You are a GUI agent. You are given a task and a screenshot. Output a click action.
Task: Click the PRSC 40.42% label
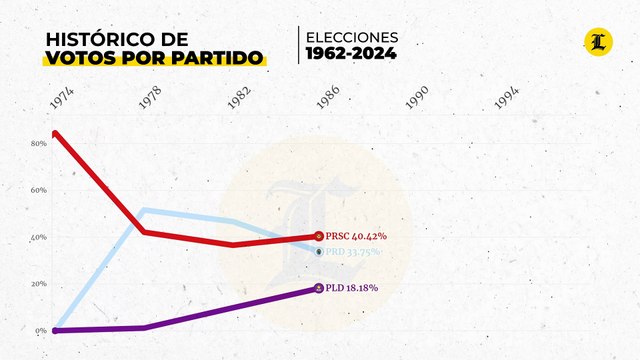356,236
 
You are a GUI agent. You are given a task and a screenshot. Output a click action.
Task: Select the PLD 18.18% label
351,288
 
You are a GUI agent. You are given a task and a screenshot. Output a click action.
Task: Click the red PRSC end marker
319,236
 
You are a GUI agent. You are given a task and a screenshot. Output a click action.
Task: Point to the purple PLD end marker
319,288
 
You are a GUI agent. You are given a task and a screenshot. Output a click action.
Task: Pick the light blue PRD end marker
319,252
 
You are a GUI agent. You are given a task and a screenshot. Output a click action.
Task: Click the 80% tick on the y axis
39,144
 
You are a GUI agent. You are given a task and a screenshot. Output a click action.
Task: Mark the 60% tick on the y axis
39,190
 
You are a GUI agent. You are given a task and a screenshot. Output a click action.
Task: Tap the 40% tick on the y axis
39,237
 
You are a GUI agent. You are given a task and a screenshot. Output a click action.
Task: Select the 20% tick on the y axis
39,284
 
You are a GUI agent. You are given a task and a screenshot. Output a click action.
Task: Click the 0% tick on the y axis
41,331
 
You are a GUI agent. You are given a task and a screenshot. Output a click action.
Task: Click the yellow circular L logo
598,42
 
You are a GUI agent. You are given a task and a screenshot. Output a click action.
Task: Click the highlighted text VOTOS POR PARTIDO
155,57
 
